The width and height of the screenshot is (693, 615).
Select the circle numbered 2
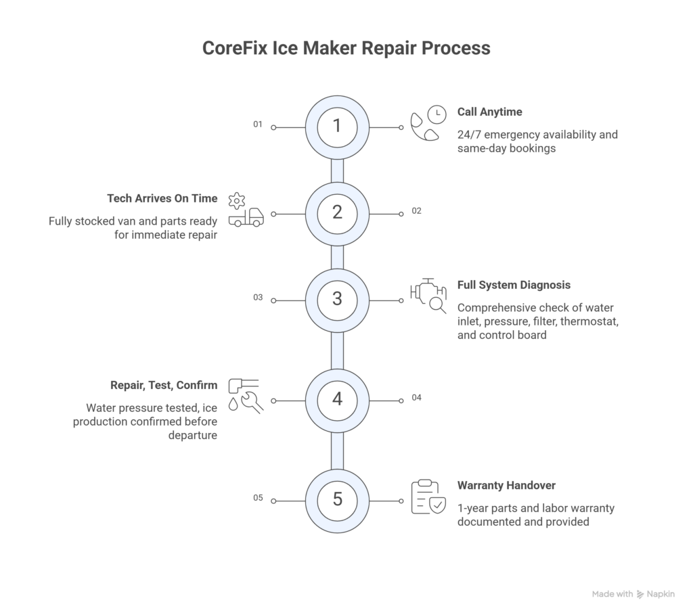[337, 213]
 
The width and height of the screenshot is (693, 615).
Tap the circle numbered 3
[337, 299]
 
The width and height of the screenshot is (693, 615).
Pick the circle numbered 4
[337, 399]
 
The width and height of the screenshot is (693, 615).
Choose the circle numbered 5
[337, 500]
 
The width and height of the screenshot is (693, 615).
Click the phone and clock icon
[428, 123]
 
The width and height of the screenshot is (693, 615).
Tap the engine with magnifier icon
[428, 296]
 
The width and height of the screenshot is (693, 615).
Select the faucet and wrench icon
[245, 396]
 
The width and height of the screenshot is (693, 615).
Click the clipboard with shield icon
[428, 497]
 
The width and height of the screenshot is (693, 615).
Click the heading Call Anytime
[489, 112]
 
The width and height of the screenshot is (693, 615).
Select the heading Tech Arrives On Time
[162, 198]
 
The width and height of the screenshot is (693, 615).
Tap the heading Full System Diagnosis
[514, 285]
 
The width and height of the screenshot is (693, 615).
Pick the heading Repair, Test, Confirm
[164, 385]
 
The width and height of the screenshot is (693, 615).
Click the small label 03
[257, 297]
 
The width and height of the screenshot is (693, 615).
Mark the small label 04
[416, 397]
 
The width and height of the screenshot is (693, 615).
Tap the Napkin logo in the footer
[640, 594]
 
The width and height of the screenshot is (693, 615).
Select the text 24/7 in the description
[470, 134]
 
